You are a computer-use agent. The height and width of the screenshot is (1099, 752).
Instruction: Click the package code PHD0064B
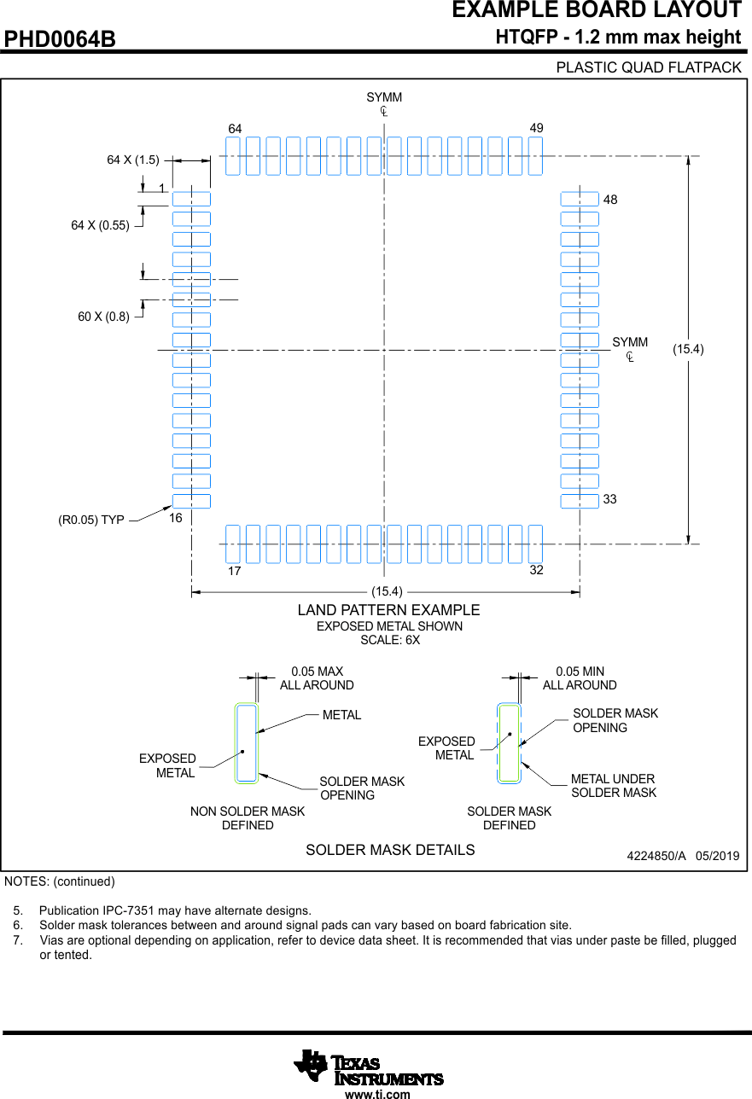tap(60, 39)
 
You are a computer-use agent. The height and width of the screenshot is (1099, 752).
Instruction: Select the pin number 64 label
tap(235, 129)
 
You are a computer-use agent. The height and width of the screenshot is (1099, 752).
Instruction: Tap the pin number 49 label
tap(537, 128)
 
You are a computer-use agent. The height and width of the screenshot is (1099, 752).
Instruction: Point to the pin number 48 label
tap(610, 200)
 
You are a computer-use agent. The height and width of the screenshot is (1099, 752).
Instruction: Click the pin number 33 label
tap(609, 499)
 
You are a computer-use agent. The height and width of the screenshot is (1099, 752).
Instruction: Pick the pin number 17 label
tap(234, 571)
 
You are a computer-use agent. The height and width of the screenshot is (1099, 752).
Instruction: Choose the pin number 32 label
tap(537, 570)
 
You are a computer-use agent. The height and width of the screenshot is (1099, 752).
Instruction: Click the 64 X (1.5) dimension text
tap(133, 160)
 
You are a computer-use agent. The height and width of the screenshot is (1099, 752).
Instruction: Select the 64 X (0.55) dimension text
tap(100, 225)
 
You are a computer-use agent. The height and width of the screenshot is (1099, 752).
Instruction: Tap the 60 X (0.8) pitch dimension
tap(103, 317)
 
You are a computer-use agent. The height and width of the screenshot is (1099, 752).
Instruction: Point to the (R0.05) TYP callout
tap(91, 520)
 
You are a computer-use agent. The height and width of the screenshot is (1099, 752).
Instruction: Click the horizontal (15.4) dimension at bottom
tap(387, 591)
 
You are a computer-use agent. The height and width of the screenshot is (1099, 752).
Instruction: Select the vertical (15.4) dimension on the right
tap(688, 349)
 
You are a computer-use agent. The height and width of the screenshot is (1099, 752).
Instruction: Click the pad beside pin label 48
tap(580, 199)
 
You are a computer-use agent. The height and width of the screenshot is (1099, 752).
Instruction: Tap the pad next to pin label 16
tap(191, 501)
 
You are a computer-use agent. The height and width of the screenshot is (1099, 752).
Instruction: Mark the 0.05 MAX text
tap(317, 672)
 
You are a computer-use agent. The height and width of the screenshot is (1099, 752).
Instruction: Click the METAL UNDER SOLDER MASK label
tap(614, 786)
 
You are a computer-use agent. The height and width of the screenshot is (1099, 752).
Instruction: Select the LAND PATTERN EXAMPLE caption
tap(388, 610)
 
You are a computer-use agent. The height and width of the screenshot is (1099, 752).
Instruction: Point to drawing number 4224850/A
tap(656, 856)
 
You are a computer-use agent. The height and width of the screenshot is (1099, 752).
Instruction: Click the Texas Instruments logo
tap(369, 1068)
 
